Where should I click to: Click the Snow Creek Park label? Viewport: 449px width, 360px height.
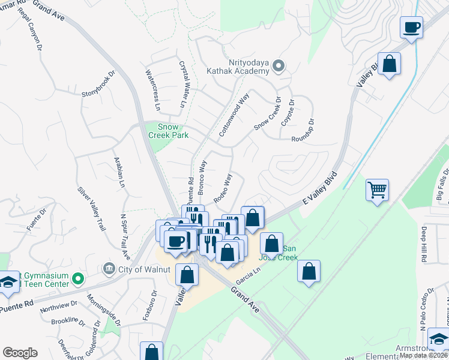click(172, 131)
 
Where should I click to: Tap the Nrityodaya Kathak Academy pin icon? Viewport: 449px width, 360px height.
click(278, 66)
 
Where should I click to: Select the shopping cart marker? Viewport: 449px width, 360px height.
click(377, 190)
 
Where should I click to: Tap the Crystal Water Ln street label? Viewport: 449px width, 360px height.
click(183, 85)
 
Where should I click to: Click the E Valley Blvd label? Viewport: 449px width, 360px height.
click(321, 190)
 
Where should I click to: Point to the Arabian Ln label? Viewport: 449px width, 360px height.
click(119, 173)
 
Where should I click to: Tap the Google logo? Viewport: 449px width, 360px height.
click(20, 353)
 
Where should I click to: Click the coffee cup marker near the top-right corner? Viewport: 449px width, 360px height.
click(412, 28)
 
